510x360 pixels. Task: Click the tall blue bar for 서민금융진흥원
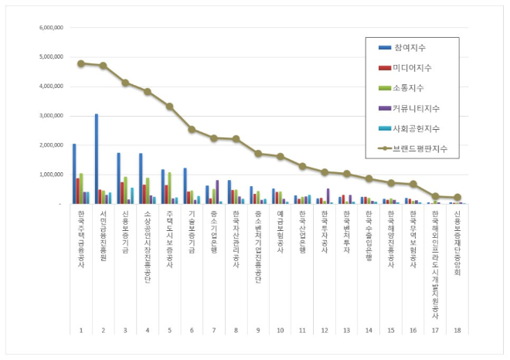click(97, 158)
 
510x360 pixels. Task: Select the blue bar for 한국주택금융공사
click(74, 173)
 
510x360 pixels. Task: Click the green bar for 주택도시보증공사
click(169, 188)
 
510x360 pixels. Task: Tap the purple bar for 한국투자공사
click(328, 196)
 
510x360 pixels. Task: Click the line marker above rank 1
click(80, 63)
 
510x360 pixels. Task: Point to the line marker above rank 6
click(191, 129)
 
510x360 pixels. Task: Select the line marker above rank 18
click(457, 197)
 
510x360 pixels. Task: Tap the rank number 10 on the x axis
click(280, 330)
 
